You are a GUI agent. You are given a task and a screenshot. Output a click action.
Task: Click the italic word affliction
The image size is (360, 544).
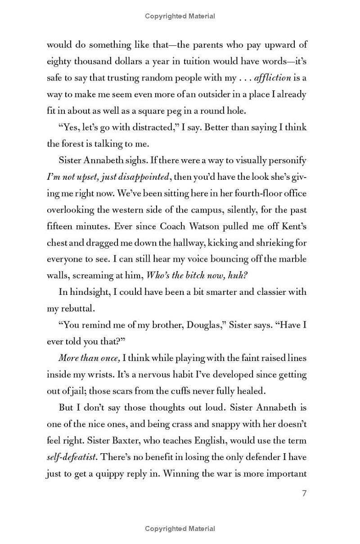(272, 78)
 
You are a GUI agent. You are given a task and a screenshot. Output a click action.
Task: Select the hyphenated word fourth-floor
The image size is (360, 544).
(248, 193)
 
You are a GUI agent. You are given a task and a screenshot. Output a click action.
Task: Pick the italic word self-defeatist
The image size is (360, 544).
(71, 457)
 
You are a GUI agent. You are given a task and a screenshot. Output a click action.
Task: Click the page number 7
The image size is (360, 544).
(304, 494)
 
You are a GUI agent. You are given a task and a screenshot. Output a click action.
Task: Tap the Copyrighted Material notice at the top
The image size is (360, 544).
(180, 16)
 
